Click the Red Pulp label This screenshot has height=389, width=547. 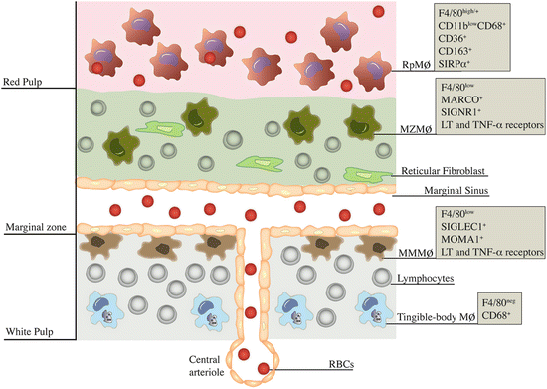tap(26, 82)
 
